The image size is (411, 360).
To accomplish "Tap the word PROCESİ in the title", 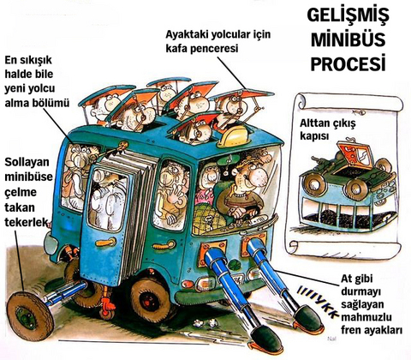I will point(347,63).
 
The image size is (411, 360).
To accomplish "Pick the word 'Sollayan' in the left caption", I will point(26,162).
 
